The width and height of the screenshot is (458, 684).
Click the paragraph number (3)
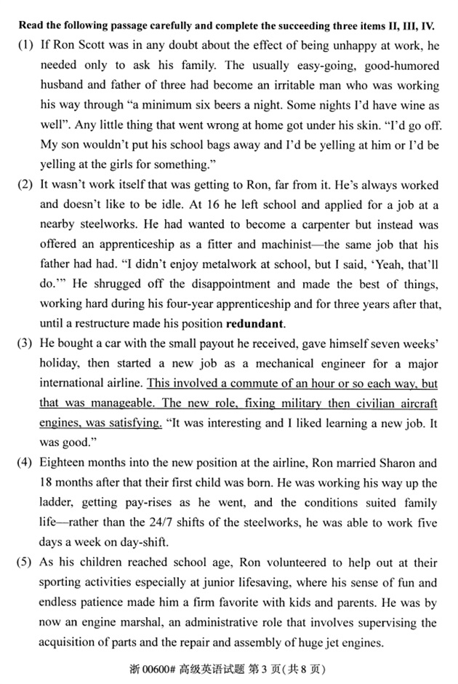pyautogui.click(x=25, y=342)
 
